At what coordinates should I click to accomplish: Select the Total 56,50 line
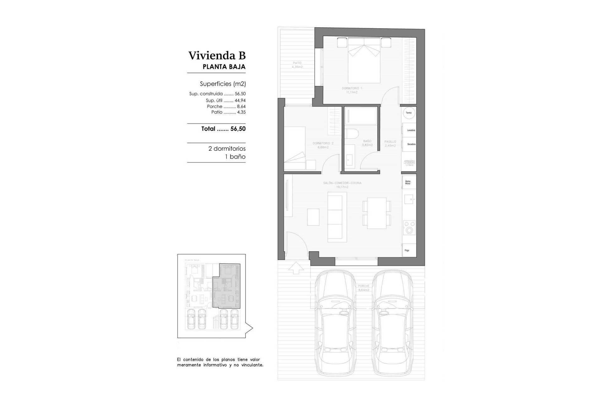coord(223,129)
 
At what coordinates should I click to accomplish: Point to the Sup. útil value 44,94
coord(240,100)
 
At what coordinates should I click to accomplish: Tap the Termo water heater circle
coord(409,113)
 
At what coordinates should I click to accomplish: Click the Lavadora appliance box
coord(410,130)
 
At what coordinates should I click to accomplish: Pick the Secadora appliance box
coord(410,144)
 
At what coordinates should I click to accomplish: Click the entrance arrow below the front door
coord(296,268)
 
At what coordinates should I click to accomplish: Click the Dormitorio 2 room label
coord(323,145)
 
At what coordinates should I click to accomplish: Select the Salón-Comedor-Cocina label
coord(342,185)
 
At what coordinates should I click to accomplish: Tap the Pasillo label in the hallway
coord(390,144)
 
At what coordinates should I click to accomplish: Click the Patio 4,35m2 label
coord(297,65)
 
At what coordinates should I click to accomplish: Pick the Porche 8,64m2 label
coord(363,288)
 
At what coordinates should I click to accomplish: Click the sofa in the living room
coord(337,217)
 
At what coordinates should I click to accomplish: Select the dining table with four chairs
coord(377,213)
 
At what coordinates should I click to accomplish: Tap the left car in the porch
coord(335,323)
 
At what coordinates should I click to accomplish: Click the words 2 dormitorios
coord(227,149)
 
